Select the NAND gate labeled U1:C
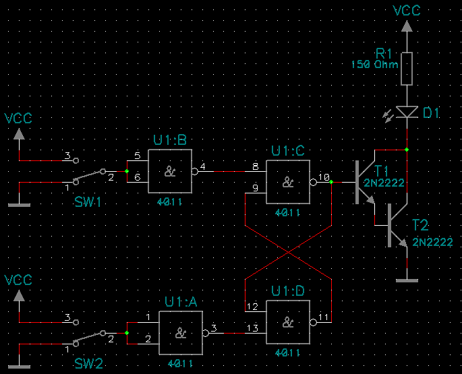(x=288, y=182)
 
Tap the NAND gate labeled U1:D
(x=288, y=321)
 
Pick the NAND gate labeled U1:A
(x=181, y=332)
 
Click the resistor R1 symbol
(x=406, y=69)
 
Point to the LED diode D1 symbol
(x=406, y=112)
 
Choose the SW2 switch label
(x=88, y=364)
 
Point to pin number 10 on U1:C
(x=324, y=177)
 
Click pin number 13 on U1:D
(x=252, y=328)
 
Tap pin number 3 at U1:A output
(x=213, y=328)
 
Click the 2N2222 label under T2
(x=432, y=242)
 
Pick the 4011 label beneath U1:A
(x=181, y=363)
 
